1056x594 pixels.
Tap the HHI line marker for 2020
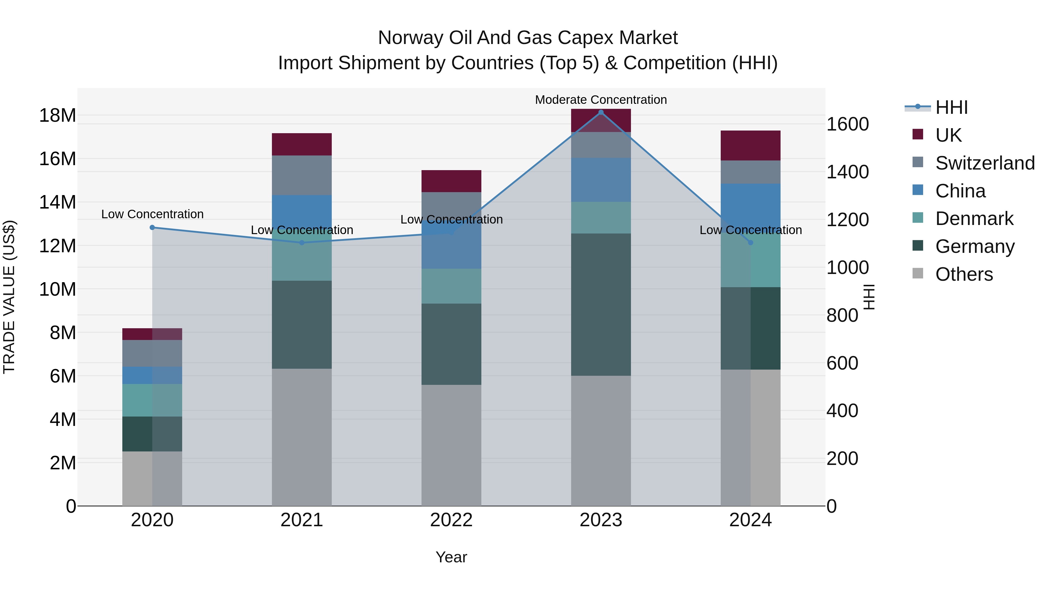(x=152, y=228)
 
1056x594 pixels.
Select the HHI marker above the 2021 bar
(x=302, y=243)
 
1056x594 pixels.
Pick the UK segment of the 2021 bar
(x=302, y=144)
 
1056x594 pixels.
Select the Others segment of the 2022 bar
(x=451, y=445)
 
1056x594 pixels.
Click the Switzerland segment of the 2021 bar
(x=302, y=175)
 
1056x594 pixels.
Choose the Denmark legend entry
(x=974, y=219)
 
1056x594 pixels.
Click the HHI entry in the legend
(x=951, y=107)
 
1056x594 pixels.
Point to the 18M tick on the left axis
(x=57, y=116)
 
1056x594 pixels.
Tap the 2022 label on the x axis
(x=451, y=520)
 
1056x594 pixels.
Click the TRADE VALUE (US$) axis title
(x=9, y=297)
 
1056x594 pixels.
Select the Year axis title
(x=451, y=557)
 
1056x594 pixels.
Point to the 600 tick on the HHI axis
(x=842, y=363)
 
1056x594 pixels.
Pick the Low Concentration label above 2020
(x=152, y=214)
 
